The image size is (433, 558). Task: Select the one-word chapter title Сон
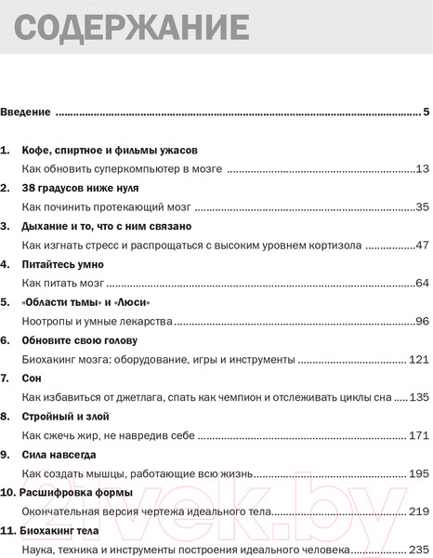(x=33, y=379)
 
